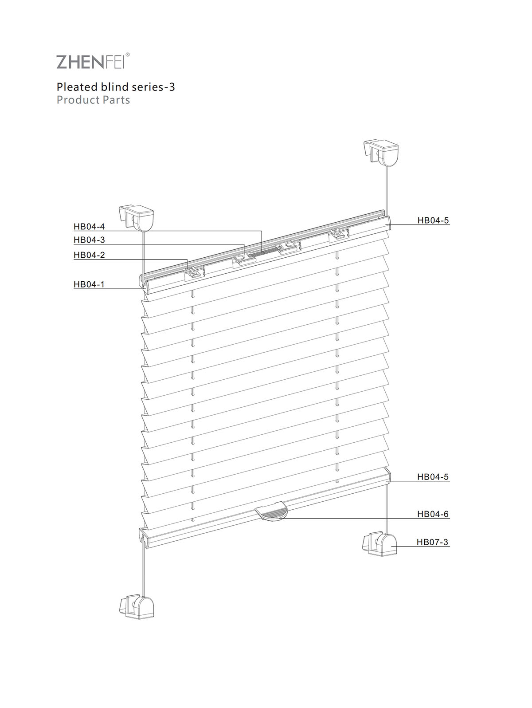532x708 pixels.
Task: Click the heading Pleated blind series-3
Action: (x=116, y=87)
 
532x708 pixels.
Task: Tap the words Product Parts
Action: (x=93, y=100)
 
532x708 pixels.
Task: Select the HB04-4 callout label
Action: (x=89, y=226)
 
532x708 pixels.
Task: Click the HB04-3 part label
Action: (x=89, y=240)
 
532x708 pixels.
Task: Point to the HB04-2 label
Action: (x=89, y=255)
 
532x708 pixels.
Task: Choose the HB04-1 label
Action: (x=89, y=284)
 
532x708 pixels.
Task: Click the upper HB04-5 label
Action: (x=433, y=220)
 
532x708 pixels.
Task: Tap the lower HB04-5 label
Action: (x=433, y=476)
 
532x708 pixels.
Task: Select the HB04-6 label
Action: (x=433, y=514)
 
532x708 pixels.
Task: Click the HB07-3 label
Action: (x=432, y=542)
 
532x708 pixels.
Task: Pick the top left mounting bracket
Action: (x=136, y=218)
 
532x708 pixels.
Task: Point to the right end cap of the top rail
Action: (x=388, y=222)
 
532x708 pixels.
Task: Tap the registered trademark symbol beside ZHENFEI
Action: (x=128, y=55)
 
